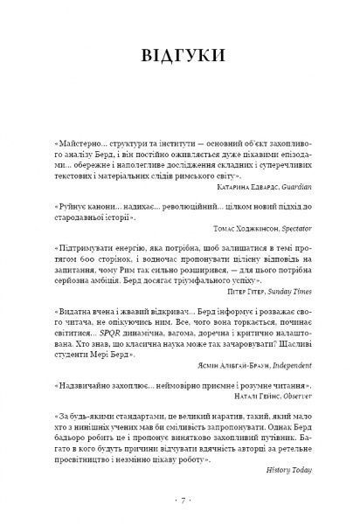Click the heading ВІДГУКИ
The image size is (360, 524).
[x=180, y=59]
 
